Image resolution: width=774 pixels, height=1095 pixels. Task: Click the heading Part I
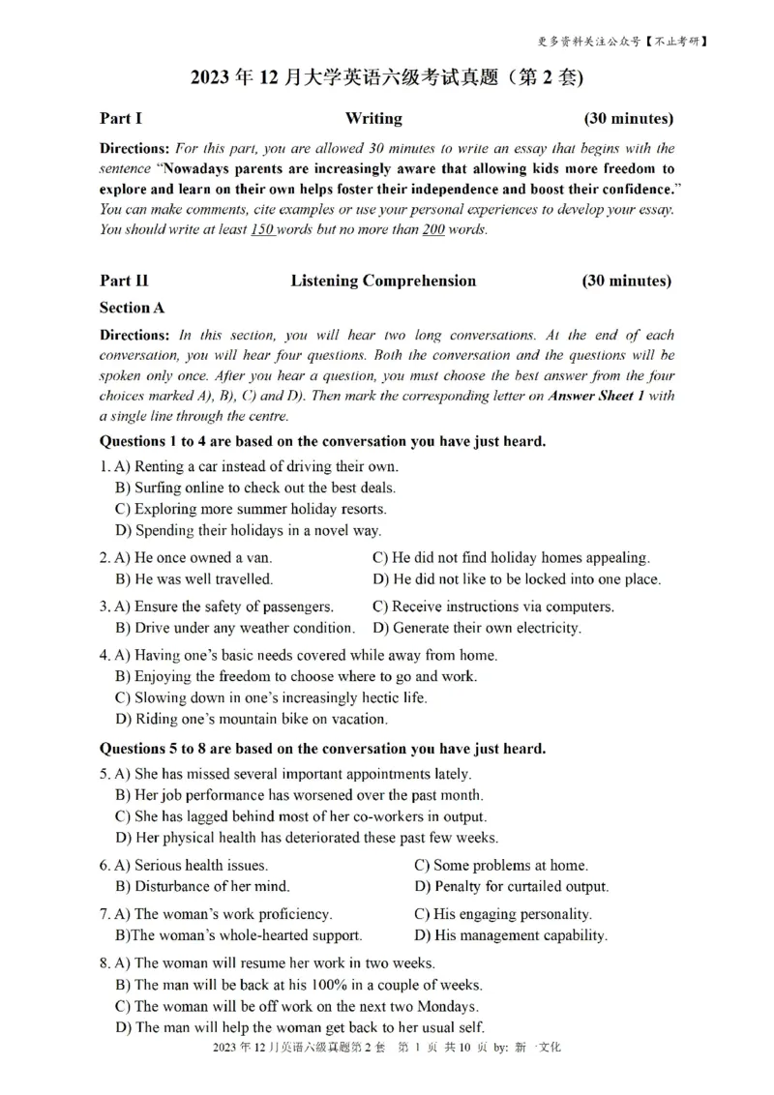tap(121, 119)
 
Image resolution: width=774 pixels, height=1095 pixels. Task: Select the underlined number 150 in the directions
tap(262, 230)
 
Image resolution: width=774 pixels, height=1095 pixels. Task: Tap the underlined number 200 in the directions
tap(432, 230)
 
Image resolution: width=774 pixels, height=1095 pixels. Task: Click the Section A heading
tap(132, 308)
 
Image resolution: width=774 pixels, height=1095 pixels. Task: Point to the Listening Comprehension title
tap(383, 281)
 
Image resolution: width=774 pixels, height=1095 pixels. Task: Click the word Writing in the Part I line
tap(373, 119)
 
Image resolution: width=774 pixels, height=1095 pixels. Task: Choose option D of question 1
tap(248, 530)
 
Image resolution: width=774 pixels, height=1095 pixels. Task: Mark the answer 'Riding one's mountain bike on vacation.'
tap(251, 719)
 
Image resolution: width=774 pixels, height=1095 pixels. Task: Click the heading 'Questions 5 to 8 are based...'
tap(322, 749)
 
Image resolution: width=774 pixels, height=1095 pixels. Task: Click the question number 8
tap(104, 963)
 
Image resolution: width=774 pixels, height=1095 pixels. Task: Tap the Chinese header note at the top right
tap(622, 42)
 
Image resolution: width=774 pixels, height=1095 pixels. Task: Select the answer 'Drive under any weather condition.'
tap(234, 628)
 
